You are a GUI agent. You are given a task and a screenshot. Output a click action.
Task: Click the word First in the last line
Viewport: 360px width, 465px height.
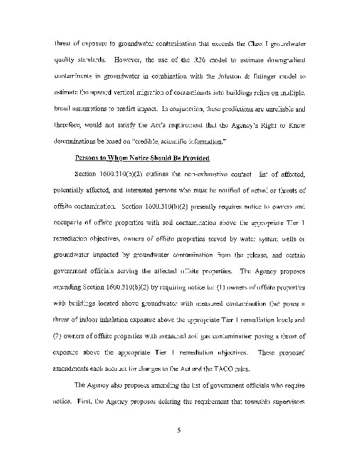tap(84, 401)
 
